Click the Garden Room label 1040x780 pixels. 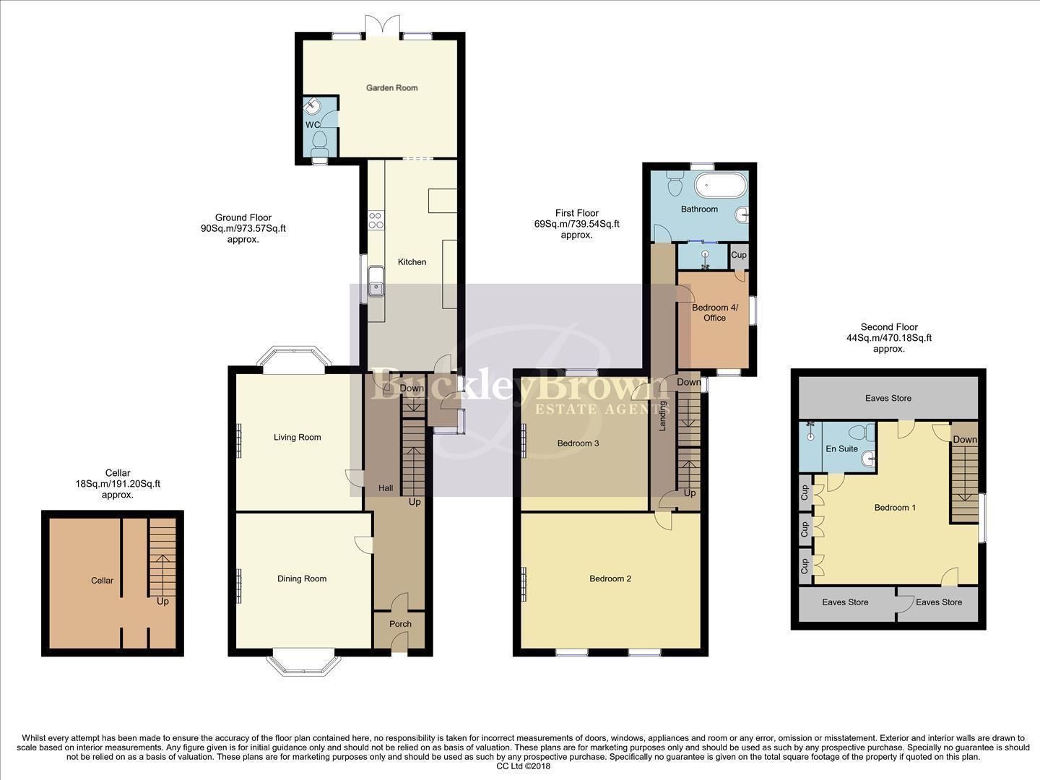(391, 88)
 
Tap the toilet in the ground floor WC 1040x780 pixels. (318, 142)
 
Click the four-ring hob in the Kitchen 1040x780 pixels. (376, 220)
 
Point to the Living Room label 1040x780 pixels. (297, 437)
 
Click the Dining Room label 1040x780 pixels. (302, 578)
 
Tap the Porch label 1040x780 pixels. (400, 624)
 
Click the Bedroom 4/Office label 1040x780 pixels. (714, 313)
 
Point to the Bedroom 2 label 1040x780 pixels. (610, 578)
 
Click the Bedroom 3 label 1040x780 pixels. (578, 443)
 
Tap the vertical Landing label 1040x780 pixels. (662, 417)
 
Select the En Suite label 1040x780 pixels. (841, 448)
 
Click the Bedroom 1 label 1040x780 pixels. (895, 508)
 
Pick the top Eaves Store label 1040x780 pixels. (888, 398)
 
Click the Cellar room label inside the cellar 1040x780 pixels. (102, 580)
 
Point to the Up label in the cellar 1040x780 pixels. (162, 601)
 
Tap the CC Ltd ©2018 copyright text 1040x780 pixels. (524, 766)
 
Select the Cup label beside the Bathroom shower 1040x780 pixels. (738, 255)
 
